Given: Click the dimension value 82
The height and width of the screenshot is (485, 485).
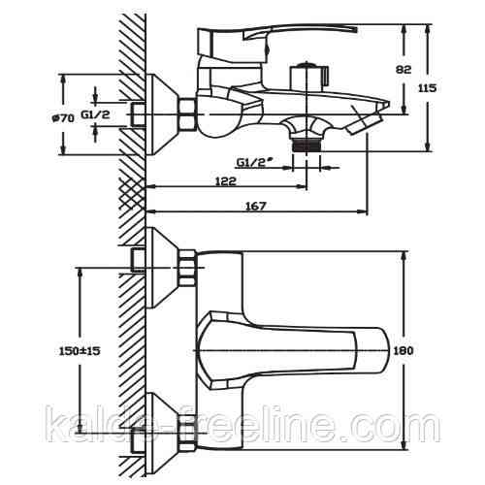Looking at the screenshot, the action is (x=404, y=70).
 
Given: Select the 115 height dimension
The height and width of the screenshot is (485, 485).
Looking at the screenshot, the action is (x=428, y=88).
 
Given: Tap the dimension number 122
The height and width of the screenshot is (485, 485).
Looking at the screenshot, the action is (x=226, y=181).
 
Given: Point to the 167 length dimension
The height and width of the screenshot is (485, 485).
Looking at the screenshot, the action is (x=255, y=206).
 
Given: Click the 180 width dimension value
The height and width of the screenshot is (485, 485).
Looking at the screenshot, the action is (x=404, y=351).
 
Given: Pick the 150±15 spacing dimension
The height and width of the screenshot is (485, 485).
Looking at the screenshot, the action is (x=80, y=351).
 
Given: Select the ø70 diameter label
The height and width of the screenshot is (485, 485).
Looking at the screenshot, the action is (x=63, y=118).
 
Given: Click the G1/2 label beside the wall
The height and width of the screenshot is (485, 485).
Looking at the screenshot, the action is (x=95, y=114).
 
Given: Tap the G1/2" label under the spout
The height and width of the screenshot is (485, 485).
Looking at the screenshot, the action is (x=253, y=162).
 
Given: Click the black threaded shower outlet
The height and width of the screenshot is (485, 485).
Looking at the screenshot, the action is (x=307, y=145).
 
